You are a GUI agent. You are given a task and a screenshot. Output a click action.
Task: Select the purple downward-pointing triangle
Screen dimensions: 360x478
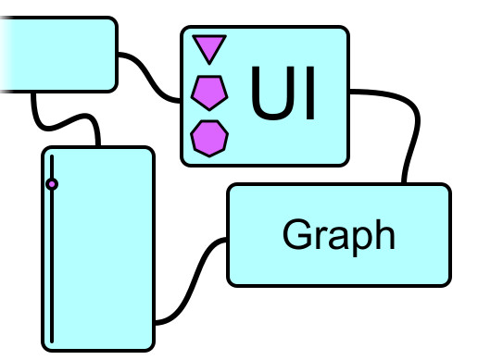209,48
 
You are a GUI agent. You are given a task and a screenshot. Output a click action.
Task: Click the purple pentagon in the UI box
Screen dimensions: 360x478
209,92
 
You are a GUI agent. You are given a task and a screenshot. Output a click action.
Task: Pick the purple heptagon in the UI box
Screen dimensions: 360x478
209,137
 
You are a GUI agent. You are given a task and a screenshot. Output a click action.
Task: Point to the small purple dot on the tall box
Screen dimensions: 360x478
52,184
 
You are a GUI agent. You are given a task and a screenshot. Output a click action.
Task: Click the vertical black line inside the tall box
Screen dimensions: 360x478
52,268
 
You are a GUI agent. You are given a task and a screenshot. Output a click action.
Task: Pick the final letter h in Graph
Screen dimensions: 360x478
384,234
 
